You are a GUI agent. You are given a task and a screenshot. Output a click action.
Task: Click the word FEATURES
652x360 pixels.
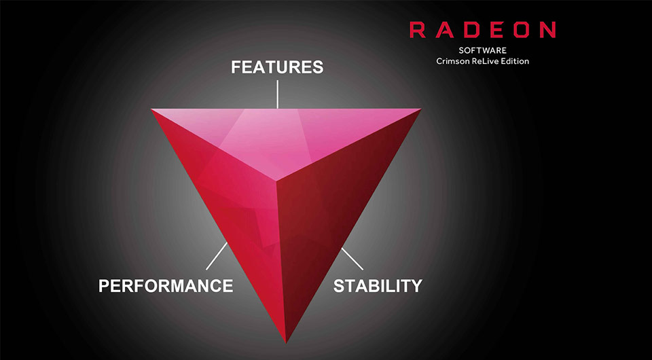click(x=277, y=67)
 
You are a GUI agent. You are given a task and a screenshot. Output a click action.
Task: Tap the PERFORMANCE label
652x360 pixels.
click(x=166, y=285)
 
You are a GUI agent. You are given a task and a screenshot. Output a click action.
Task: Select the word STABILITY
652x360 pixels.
click(x=378, y=285)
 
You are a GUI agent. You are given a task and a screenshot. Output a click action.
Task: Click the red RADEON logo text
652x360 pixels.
click(x=482, y=30)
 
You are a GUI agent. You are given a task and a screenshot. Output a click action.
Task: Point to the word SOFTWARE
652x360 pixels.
click(x=482, y=51)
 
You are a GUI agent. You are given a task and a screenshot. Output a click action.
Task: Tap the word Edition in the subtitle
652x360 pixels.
click(x=515, y=61)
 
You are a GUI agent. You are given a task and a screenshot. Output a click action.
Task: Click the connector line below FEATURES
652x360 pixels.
click(x=277, y=94)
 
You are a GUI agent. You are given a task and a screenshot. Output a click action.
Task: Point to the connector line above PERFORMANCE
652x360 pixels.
click(x=217, y=256)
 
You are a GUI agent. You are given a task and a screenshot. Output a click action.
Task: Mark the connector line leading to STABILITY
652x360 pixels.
click(x=352, y=259)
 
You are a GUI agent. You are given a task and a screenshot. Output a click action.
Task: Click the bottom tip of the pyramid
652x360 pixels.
click(x=286, y=343)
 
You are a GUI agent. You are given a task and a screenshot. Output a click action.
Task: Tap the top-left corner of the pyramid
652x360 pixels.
click(x=151, y=109)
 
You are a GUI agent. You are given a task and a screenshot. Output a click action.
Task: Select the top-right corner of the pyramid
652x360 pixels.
click(x=420, y=109)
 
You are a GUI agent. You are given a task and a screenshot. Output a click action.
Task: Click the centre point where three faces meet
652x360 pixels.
click(x=276, y=181)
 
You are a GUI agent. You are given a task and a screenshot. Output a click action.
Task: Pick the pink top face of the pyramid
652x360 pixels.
click(x=283, y=133)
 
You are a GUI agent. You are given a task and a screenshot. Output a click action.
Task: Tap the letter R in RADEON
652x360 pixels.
click(x=417, y=30)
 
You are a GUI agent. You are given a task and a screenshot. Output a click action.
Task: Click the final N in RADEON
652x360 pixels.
click(x=547, y=30)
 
